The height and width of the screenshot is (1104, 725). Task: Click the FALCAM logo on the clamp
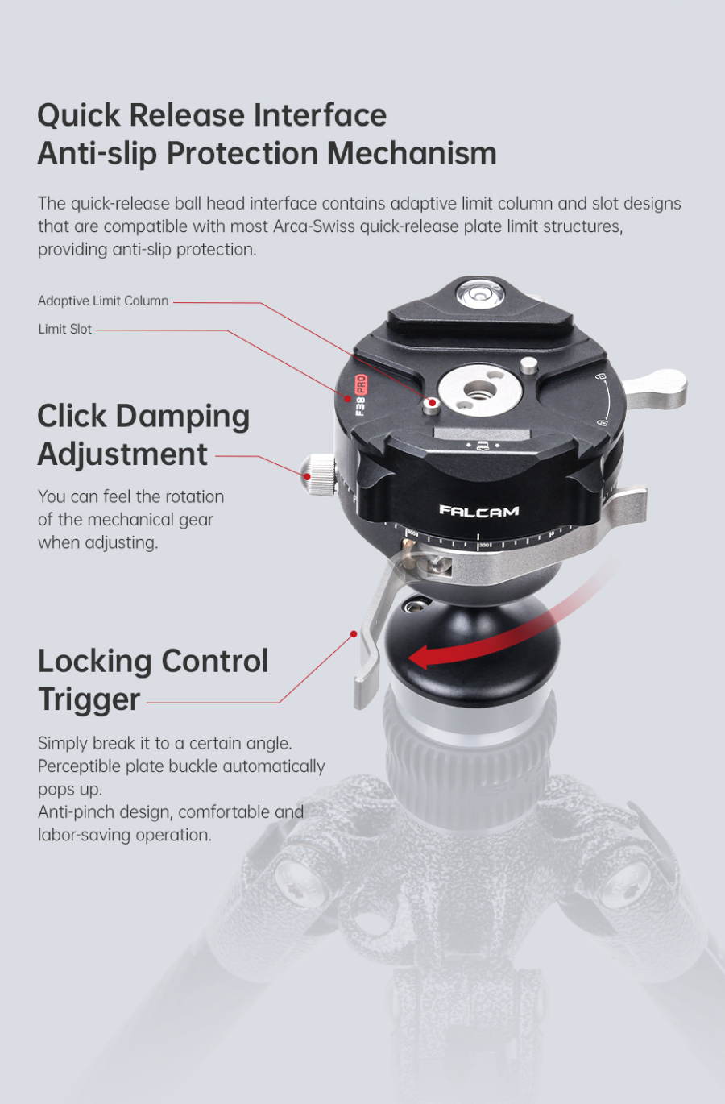coord(479,511)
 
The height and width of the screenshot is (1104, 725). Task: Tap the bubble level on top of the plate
coord(476,293)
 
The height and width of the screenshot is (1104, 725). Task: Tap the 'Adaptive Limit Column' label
coord(103,301)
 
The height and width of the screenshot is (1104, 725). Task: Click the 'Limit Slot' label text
coord(64,329)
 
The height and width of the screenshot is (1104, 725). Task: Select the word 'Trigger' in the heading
coord(89,699)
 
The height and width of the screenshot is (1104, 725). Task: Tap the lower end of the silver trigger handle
coord(366,689)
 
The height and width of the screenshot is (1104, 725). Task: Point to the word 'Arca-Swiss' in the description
coord(314,226)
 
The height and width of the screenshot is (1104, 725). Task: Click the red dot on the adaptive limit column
coord(433,402)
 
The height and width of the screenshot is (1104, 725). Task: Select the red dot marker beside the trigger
coord(354,634)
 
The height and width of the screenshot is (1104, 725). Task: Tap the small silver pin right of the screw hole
coord(528,364)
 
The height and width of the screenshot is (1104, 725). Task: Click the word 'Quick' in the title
coord(79,115)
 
